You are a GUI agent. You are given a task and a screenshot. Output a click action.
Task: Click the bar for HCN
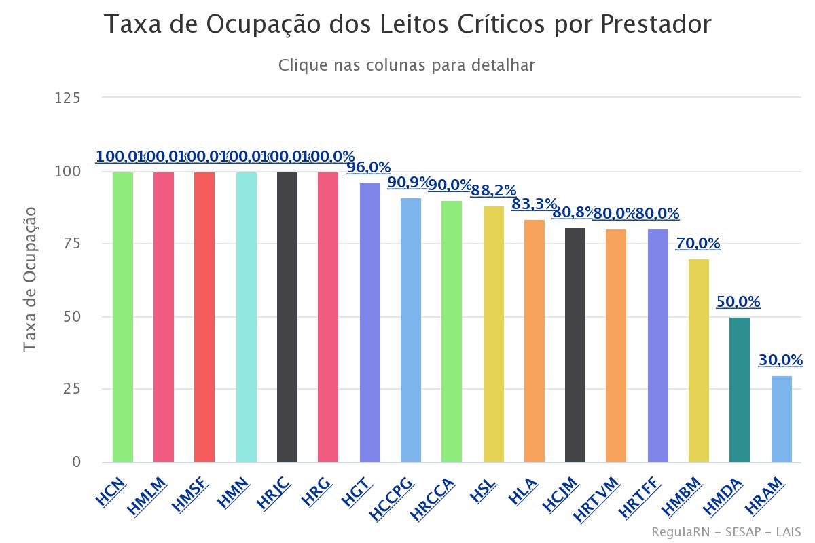pos(123,317)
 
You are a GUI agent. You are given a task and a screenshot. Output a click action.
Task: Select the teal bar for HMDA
pos(740,390)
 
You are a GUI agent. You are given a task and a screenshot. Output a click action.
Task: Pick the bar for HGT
pos(369,322)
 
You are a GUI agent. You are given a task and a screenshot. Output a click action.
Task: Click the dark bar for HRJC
pos(287,317)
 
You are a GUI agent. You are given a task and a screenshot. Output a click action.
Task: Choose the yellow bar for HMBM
pos(699,360)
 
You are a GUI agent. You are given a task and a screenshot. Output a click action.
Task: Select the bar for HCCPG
pos(411,330)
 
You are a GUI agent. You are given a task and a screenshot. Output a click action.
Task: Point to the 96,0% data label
pos(369,167)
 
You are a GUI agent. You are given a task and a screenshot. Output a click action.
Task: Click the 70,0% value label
pos(698,243)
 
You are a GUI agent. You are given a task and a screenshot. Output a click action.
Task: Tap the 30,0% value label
pos(780,360)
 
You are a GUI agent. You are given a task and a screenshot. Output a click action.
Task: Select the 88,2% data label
pos(494,190)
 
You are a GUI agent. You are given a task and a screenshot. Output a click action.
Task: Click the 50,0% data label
pos(738,302)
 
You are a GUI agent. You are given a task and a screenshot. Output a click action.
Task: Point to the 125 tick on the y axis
pos(67,98)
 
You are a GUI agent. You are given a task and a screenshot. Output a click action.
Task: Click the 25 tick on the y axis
pos(71,390)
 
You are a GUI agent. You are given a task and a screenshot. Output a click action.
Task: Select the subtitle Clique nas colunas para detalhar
pos(407,65)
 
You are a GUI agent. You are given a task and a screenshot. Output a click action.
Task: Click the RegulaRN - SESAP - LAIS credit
pos(725,531)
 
